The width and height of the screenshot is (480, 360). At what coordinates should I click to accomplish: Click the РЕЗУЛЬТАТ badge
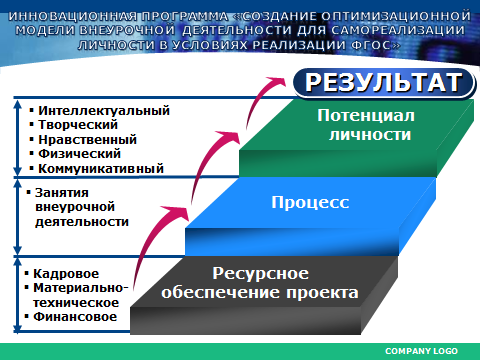(x=383, y=83)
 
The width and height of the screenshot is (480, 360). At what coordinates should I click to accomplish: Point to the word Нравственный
(x=88, y=140)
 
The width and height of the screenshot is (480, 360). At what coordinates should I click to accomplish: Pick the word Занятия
(x=62, y=193)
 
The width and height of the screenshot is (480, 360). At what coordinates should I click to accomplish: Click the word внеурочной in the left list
(x=75, y=207)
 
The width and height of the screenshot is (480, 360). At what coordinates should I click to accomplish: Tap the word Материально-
(x=81, y=288)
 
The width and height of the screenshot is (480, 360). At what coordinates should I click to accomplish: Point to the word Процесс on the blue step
(x=310, y=202)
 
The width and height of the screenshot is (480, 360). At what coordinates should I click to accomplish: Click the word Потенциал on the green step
(x=366, y=116)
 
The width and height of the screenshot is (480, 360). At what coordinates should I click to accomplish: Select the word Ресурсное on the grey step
(x=261, y=273)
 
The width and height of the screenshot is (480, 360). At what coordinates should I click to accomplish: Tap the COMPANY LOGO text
(x=421, y=351)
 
